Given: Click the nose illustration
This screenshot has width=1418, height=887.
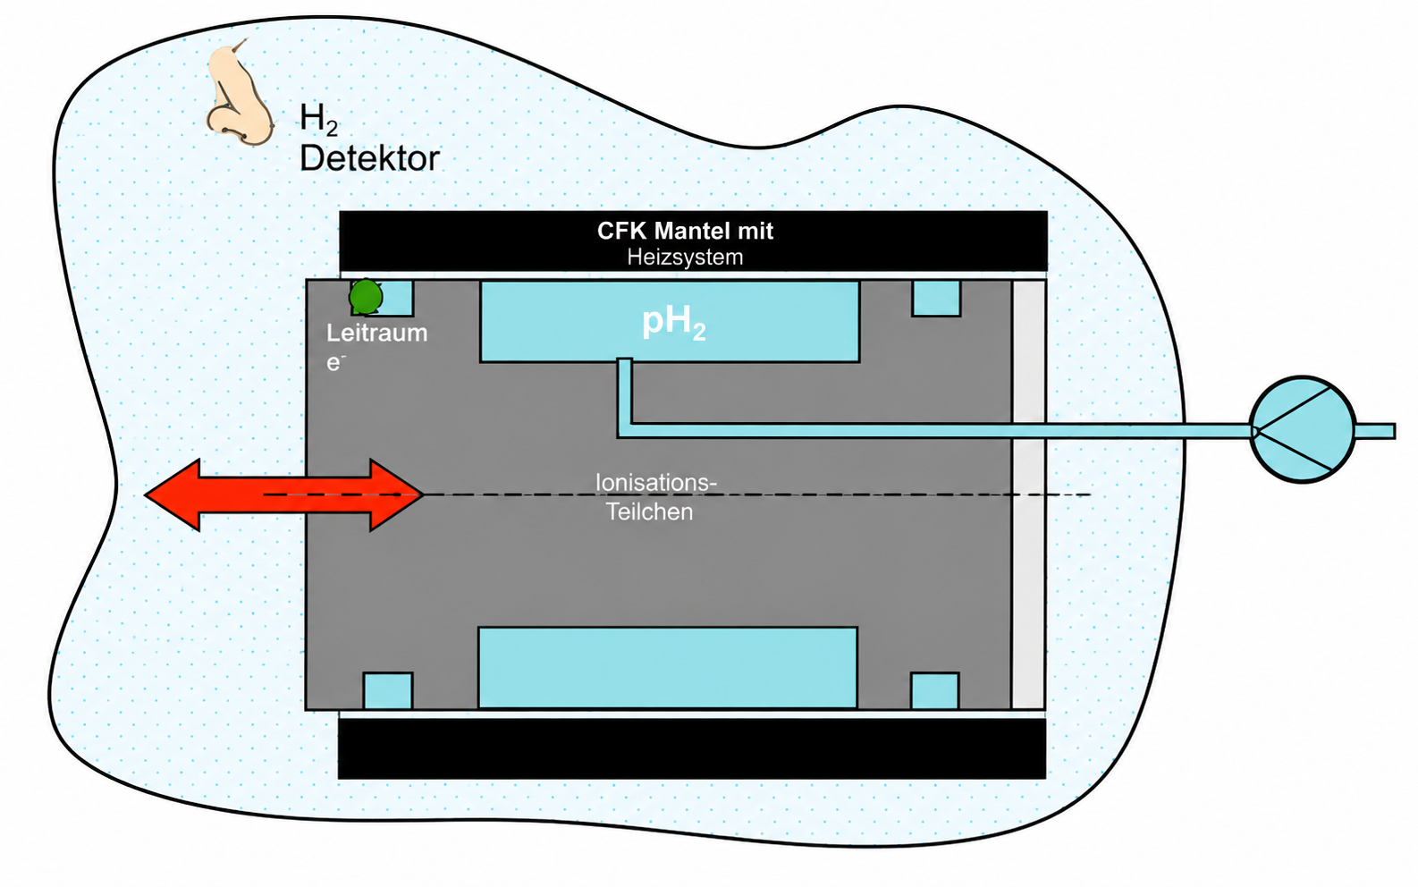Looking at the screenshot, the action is point(239,95).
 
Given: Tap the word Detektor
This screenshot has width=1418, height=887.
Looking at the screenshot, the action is point(369,158).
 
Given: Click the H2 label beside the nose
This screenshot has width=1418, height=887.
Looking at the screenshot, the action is point(318,120).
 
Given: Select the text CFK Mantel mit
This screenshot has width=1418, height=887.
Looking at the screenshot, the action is point(685,231).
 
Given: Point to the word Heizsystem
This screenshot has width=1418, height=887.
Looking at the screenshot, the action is point(685,258).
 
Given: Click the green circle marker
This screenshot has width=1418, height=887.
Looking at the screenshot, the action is point(366,296).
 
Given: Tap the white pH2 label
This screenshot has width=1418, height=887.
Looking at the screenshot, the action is point(673,323).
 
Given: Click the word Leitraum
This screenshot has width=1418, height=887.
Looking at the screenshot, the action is point(376,333).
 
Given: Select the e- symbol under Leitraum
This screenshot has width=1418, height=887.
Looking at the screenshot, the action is point(335,363).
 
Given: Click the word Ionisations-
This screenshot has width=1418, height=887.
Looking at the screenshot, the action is point(656,483).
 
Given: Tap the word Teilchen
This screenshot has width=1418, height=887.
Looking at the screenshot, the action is point(649,511).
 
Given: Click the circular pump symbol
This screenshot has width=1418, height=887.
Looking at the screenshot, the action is point(1303,430).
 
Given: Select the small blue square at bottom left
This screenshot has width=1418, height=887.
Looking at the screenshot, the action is point(388,690).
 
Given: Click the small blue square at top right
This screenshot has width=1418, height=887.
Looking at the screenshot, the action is point(936,298).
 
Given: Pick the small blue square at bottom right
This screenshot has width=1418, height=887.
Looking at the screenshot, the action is point(935,690).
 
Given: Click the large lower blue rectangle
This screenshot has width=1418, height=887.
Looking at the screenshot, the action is point(668,668).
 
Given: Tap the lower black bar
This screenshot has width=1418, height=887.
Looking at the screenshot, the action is point(692,748).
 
